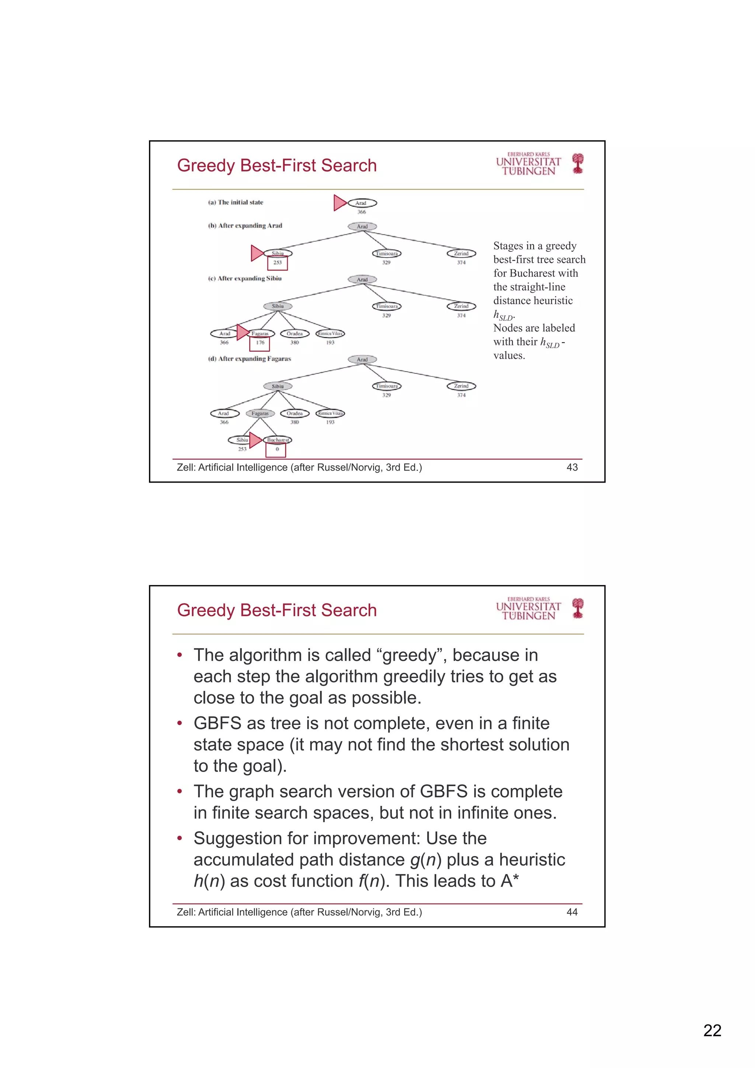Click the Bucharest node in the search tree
pos(278,439)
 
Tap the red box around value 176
pos(260,343)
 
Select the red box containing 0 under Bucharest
pos(276,450)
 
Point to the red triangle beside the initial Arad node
pos(340,203)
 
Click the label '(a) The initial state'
pos(236,202)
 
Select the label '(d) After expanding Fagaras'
pos(249,359)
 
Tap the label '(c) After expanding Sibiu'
pos(245,279)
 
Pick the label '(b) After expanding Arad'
pos(245,226)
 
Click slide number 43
pos(572,467)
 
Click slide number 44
pos(572,912)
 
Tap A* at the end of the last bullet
pos(510,881)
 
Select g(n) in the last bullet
pos(425,860)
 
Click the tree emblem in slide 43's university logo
pos(578,164)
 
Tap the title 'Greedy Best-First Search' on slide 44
pos(277,610)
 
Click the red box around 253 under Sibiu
pos(277,263)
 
